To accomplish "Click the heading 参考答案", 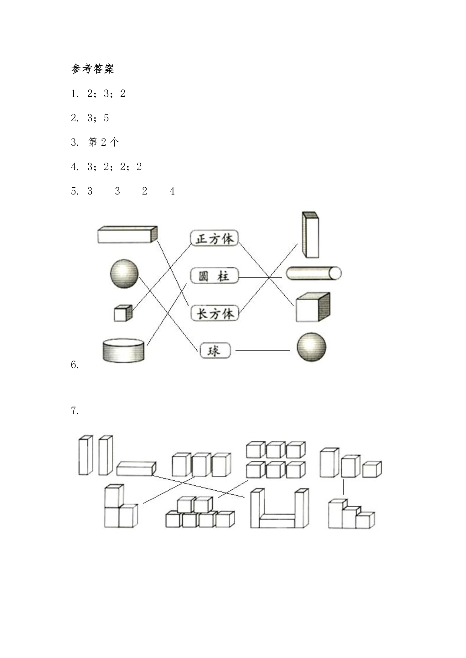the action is (93, 69).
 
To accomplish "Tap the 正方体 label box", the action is (215, 238).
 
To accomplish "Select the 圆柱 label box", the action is (215, 276).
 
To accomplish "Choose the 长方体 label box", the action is (215, 313).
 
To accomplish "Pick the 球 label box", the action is (215, 351).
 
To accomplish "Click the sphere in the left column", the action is (124, 274).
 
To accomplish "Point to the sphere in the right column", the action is (311, 347).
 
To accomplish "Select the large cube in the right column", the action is (313, 307).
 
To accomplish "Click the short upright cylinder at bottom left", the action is (124, 350).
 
